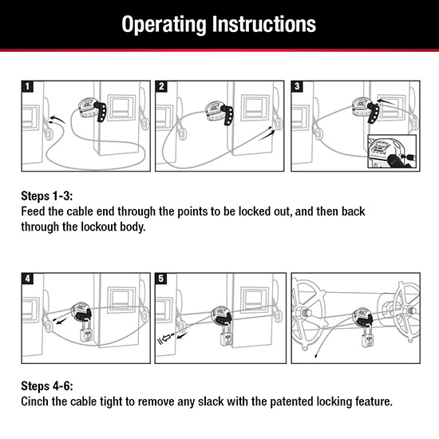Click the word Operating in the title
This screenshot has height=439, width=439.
pos(164,25)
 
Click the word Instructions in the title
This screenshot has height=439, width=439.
pos(264,25)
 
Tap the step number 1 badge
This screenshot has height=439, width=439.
pos(27,86)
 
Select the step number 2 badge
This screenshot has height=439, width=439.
pos(161,86)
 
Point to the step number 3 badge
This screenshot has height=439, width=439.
pos(297,86)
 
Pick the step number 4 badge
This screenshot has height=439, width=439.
pos(27,279)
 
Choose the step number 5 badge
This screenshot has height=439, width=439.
pos(161,279)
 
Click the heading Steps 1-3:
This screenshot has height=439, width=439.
pos(47,196)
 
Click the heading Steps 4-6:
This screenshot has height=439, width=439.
pos(47,386)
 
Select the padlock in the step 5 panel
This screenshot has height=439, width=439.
pos(226,334)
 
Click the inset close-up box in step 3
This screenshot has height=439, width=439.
pos(392,152)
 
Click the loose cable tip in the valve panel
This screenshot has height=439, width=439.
pos(316,356)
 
